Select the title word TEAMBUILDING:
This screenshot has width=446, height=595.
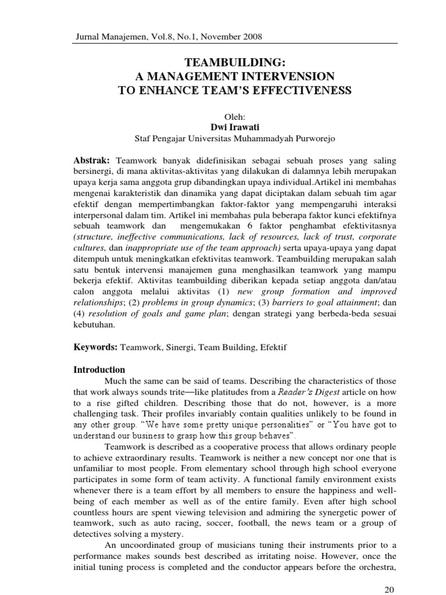(235, 63)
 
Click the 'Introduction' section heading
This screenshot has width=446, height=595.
(99, 370)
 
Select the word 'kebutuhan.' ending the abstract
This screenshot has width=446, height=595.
(95, 325)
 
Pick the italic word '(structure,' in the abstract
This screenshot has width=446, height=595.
(96, 237)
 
